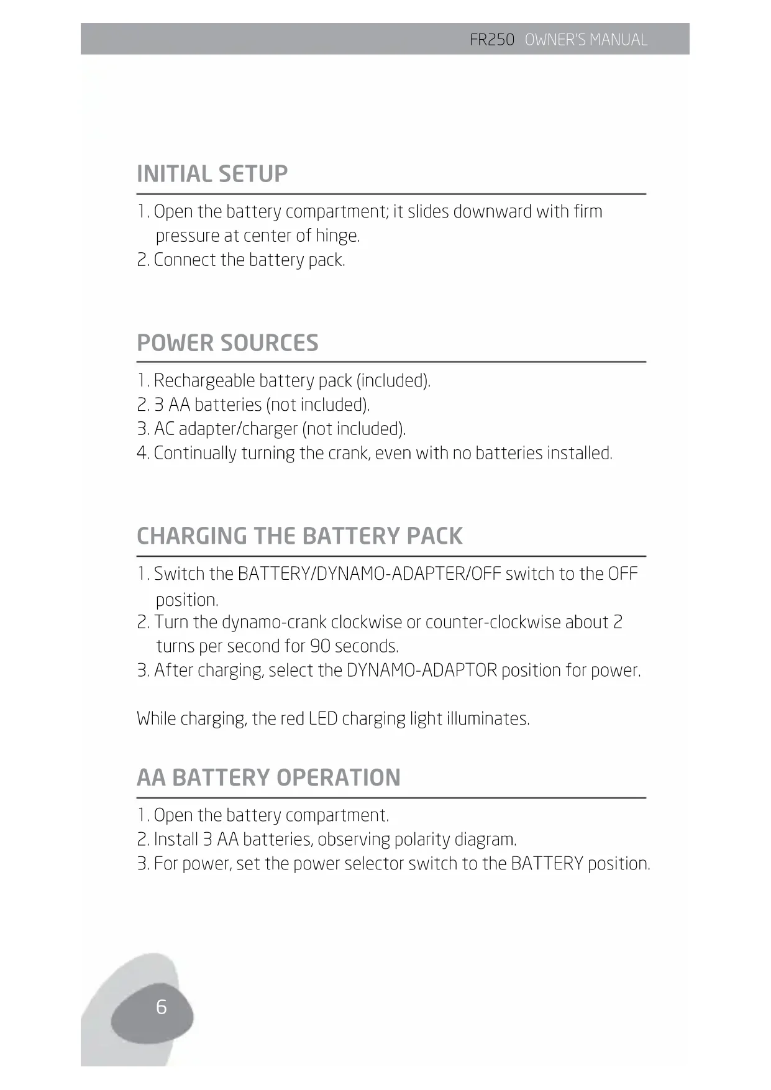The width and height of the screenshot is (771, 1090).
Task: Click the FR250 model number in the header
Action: (x=492, y=40)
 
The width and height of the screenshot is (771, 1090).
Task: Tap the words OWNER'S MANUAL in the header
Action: (x=586, y=40)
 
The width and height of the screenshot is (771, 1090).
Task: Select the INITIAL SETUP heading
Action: (x=212, y=174)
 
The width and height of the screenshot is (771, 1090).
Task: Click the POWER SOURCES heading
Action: (x=227, y=343)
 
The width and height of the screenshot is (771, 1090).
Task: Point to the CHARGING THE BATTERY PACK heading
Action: (x=299, y=536)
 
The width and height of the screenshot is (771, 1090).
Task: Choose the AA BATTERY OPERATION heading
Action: (x=268, y=777)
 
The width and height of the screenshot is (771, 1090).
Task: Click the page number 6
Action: (x=162, y=1006)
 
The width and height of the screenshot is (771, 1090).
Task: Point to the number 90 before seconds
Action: (x=320, y=646)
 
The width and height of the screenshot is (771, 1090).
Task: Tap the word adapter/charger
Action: (x=238, y=429)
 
